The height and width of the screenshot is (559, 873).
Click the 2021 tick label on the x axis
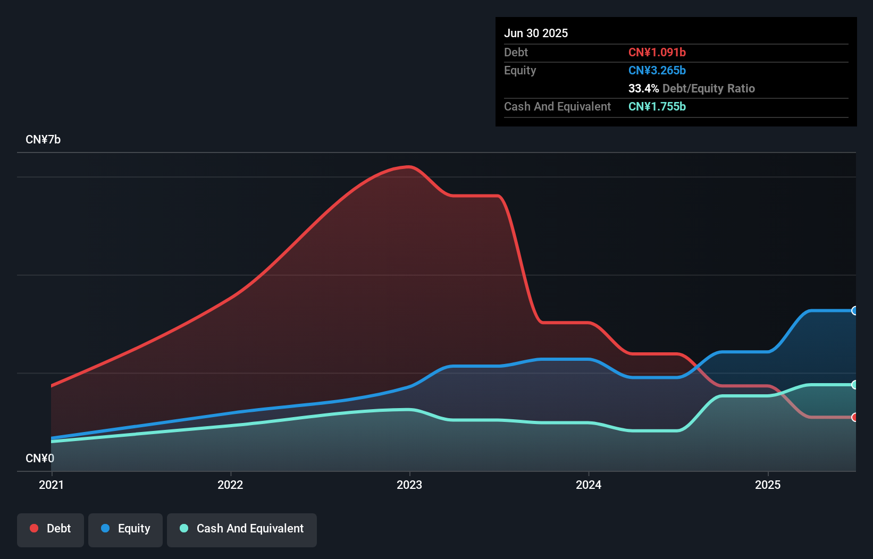(x=51, y=485)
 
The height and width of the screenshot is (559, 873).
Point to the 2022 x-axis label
(x=230, y=485)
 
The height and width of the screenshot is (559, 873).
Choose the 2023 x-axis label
(x=409, y=485)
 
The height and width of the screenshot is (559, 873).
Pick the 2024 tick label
(x=589, y=485)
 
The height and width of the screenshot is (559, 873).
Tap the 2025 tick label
(x=768, y=485)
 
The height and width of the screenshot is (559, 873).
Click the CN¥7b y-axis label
(x=43, y=140)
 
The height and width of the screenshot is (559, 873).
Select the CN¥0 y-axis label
(x=40, y=458)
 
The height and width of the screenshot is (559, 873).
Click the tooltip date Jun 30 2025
(x=536, y=33)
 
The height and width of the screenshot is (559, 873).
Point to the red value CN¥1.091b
(x=657, y=52)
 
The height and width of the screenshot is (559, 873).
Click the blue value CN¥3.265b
(x=657, y=70)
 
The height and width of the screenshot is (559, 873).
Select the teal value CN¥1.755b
(x=657, y=106)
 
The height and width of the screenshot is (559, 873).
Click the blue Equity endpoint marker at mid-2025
(x=854, y=311)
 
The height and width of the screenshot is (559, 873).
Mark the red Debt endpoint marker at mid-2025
(x=854, y=418)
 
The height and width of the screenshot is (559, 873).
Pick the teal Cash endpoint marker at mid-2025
(x=854, y=385)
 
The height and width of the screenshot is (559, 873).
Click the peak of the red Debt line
(x=409, y=167)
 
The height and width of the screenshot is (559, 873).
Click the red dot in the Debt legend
(x=34, y=528)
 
